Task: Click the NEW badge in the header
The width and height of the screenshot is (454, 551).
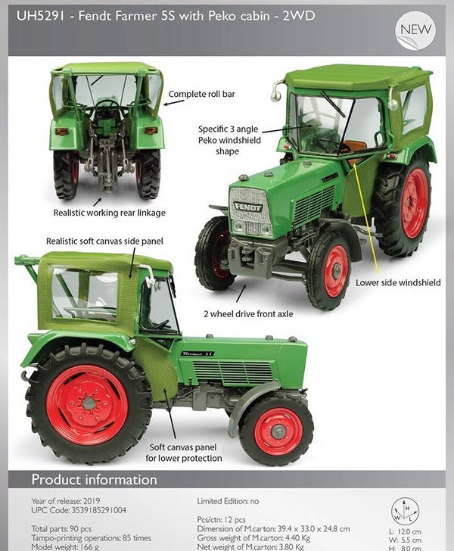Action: [x=415, y=30]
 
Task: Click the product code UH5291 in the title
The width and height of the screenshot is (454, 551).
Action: [x=40, y=16]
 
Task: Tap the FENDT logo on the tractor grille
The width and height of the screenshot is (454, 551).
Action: [x=248, y=207]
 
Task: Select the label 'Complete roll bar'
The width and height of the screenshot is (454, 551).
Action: [x=201, y=94]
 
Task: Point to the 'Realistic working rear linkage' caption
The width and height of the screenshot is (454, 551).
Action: [x=109, y=213]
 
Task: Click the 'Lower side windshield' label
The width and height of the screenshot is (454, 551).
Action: [x=398, y=282]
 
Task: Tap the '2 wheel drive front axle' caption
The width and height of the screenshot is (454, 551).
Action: [x=248, y=314]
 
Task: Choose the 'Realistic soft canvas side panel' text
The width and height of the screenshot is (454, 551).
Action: [x=104, y=241]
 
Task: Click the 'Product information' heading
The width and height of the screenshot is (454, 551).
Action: [x=94, y=480]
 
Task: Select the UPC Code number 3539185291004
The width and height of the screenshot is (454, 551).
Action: [x=98, y=510]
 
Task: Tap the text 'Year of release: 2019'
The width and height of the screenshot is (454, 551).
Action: [x=66, y=501]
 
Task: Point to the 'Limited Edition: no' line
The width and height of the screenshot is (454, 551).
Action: [x=228, y=501]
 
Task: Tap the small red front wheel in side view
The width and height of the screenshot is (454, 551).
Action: [x=278, y=431]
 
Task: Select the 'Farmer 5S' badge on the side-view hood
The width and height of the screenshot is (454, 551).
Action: [x=197, y=353]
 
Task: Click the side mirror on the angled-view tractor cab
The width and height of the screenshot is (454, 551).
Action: [x=276, y=92]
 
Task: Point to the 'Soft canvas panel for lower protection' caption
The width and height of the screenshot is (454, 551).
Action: [x=183, y=453]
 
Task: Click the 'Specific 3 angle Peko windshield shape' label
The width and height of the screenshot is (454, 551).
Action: [x=229, y=140]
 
